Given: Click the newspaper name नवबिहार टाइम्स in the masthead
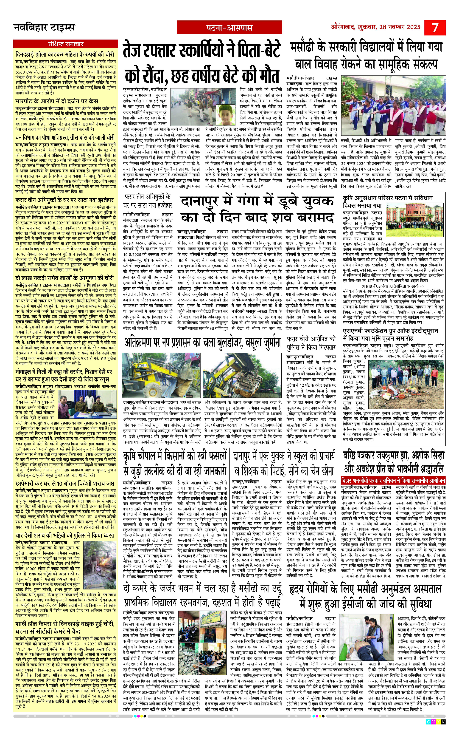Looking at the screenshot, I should coord(44,28).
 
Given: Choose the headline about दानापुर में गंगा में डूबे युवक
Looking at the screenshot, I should coord(257,210).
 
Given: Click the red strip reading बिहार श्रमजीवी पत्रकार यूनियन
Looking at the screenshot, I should coord(393,481).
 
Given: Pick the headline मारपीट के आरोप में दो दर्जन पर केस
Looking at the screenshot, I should coord(57,101).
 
